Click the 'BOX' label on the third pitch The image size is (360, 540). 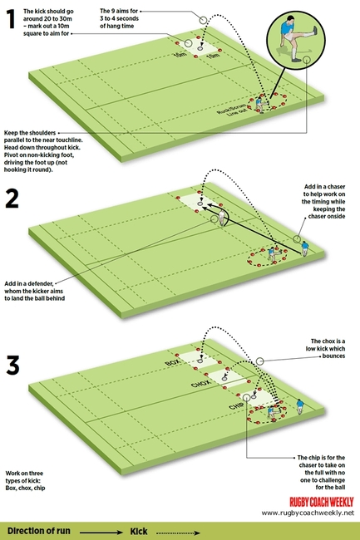(x=173, y=364)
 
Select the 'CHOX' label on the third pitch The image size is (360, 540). (x=200, y=386)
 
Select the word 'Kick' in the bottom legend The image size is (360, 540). (x=139, y=529)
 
